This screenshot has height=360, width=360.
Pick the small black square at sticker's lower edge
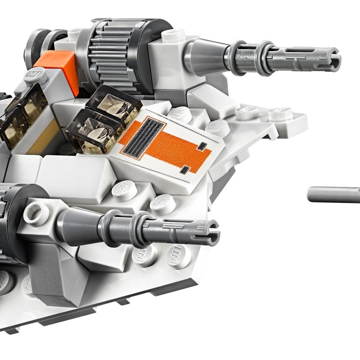[x=185, y=169]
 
